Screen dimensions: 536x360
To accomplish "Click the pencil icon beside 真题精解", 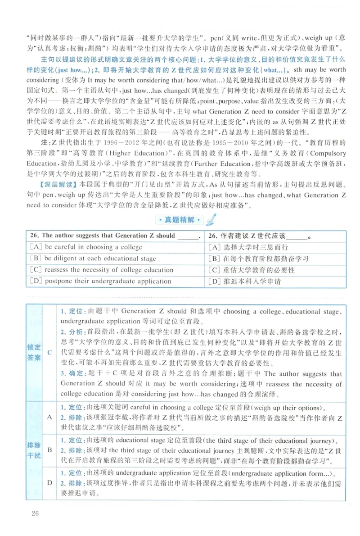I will click(x=211, y=219).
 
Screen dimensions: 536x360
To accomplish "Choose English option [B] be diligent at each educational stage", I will click(x=93, y=259).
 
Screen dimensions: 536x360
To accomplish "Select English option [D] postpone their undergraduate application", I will click(x=100, y=282).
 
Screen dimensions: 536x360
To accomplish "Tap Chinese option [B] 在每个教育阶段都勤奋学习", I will click(x=259, y=259).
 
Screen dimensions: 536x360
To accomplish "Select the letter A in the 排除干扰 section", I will click(x=50, y=417).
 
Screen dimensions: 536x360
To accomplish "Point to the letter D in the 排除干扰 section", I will click(x=50, y=482).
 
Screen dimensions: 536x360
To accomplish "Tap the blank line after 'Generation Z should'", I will click(x=189, y=236).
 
